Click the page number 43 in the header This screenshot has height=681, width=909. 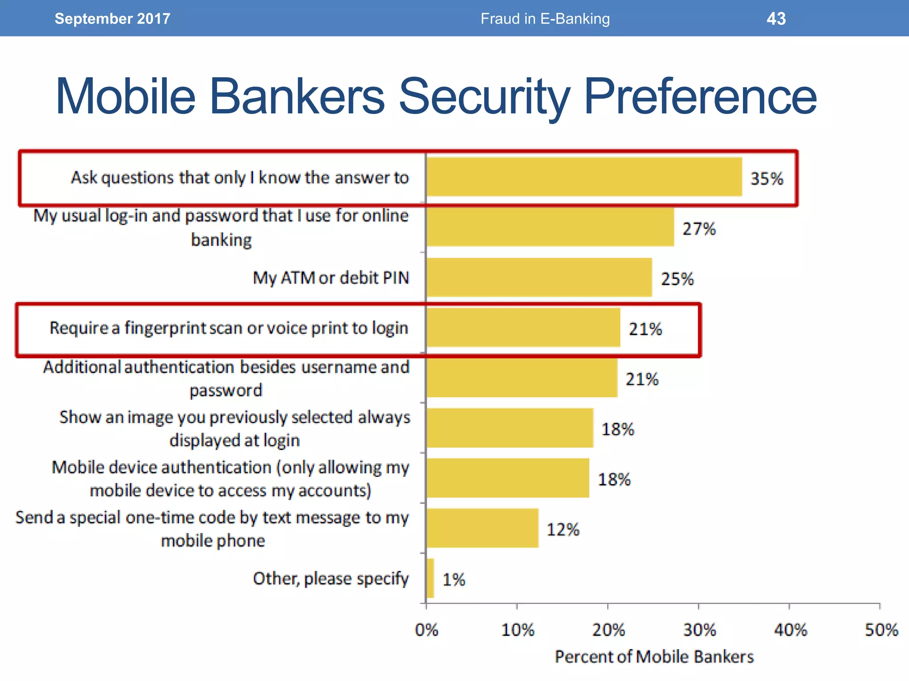click(x=776, y=19)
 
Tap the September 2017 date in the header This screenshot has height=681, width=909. click(x=112, y=19)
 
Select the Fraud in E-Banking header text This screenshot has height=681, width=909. click(x=545, y=19)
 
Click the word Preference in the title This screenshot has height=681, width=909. click(x=700, y=96)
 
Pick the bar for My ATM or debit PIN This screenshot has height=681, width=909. click(x=539, y=278)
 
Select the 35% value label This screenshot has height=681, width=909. click(x=767, y=179)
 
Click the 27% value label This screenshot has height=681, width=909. click(x=699, y=229)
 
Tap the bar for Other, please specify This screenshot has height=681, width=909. click(x=430, y=578)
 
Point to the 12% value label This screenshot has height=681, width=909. click(x=562, y=529)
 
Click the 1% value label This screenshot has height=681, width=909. click(x=454, y=579)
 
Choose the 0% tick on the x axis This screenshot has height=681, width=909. click(x=426, y=630)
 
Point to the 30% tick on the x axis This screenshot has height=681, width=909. click(x=699, y=630)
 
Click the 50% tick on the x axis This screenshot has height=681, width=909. click(x=881, y=630)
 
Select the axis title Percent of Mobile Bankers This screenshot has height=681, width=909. click(x=654, y=657)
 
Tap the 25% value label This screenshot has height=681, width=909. click(x=677, y=279)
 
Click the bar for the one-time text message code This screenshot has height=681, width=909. click(x=482, y=528)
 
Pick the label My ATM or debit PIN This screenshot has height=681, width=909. click(x=331, y=278)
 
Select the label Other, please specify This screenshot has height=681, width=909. click(x=331, y=579)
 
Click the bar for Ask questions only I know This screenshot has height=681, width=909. click(x=584, y=177)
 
